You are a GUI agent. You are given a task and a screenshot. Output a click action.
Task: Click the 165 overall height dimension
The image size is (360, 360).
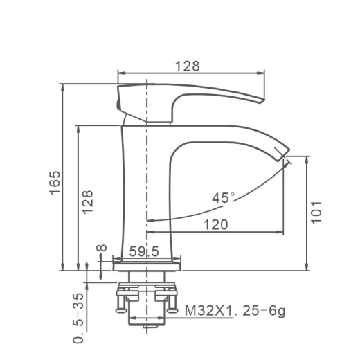tap(55, 183)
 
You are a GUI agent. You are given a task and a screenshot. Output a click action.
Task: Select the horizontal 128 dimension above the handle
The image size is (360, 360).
tap(187, 66)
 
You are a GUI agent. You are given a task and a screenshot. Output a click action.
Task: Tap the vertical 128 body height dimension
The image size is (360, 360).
tap(88, 202)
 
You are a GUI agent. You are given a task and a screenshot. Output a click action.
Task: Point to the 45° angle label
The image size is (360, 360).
tap(223, 198)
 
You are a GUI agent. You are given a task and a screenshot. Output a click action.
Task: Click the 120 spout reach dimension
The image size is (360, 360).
tap(216, 224)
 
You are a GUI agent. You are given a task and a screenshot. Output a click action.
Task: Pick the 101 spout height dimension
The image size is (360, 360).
tap(316, 213)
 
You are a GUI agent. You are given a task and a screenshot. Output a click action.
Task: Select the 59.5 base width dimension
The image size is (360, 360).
tap(144, 251)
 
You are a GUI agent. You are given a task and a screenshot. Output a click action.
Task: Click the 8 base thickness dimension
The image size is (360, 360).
tap(102, 248)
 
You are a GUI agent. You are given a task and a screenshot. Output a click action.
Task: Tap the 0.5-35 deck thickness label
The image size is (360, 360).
tap(78, 318)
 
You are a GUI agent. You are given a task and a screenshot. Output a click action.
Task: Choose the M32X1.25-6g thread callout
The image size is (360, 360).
tap(235, 311)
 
